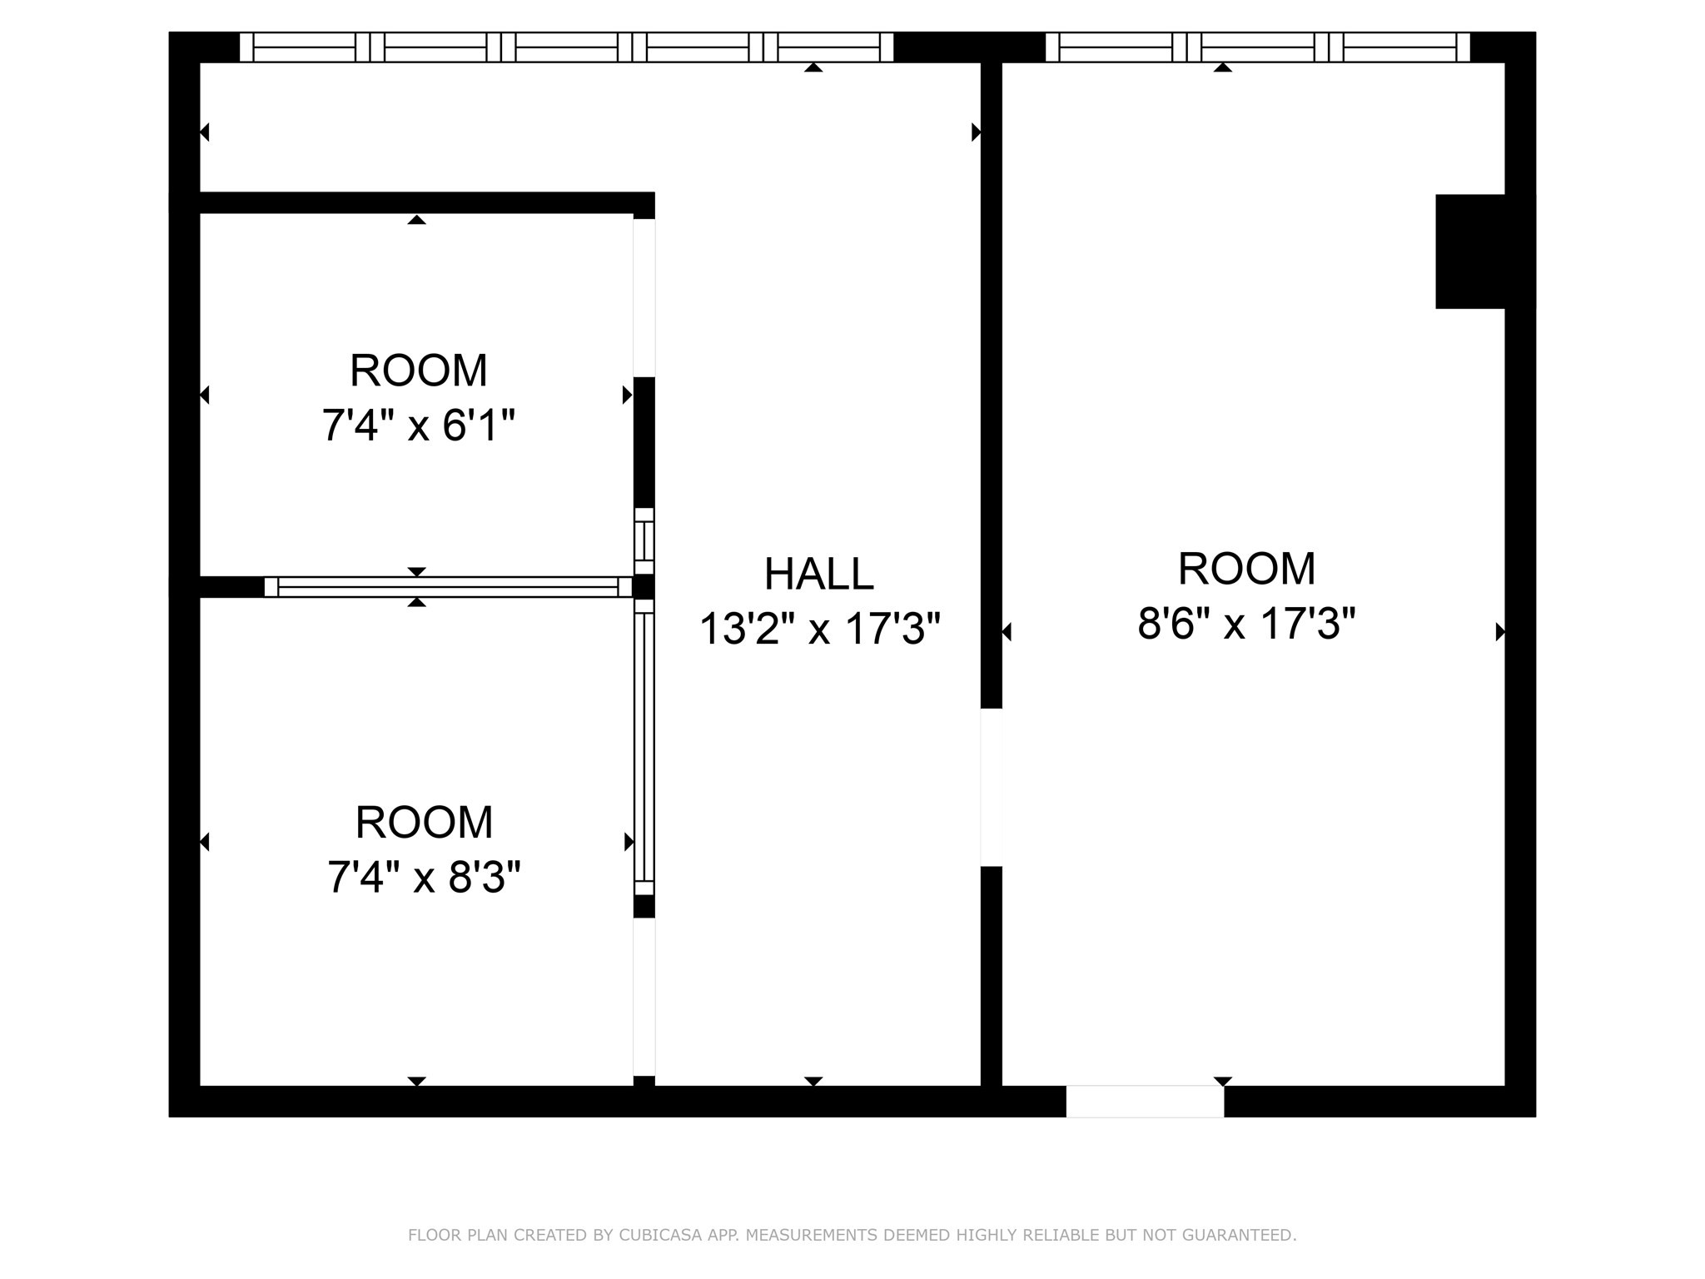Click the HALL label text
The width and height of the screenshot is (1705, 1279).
818,574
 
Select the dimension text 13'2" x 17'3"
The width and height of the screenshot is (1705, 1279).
819,629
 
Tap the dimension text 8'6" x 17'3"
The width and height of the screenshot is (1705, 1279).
1246,623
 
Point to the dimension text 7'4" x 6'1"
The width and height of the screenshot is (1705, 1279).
418,426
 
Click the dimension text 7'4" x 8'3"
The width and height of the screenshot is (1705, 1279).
424,878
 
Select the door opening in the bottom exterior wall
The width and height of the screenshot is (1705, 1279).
1145,1101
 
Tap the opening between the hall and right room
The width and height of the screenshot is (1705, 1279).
991,787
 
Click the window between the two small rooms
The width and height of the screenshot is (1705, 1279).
448,587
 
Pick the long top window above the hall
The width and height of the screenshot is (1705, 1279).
566,47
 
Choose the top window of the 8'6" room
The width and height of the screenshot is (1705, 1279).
1257,47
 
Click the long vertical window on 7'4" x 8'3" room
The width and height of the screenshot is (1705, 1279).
644,747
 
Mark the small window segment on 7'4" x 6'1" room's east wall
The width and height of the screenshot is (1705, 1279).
644,540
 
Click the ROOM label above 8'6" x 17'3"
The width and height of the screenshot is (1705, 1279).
1246,569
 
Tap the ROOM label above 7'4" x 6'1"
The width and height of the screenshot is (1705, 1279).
418,371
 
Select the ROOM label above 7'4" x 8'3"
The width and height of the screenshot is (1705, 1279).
424,823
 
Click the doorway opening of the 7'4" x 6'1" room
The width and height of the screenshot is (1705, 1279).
644,297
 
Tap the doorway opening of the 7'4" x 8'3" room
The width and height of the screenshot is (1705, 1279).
644,997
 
